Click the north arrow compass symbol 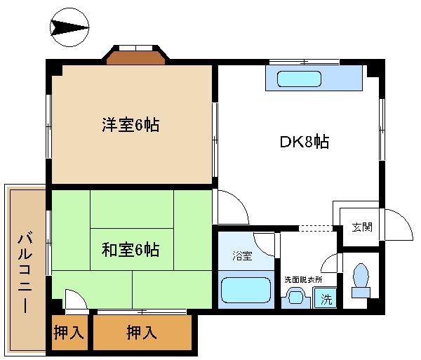(x=69, y=27)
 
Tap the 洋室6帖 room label (x=131, y=125)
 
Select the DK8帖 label (x=305, y=141)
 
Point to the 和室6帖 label (x=131, y=249)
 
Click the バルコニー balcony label (x=25, y=272)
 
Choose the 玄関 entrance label (x=362, y=227)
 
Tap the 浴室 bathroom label (x=242, y=256)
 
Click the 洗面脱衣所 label (x=303, y=280)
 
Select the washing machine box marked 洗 (x=325, y=298)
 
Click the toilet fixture (x=361, y=281)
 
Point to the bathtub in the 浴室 (x=246, y=290)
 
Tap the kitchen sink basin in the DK (x=299, y=79)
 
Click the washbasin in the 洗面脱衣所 (x=295, y=298)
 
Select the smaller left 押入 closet (x=69, y=333)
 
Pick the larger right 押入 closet (x=142, y=333)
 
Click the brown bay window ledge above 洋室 (x=135, y=59)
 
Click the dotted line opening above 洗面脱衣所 (x=316, y=228)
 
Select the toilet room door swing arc (x=326, y=260)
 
